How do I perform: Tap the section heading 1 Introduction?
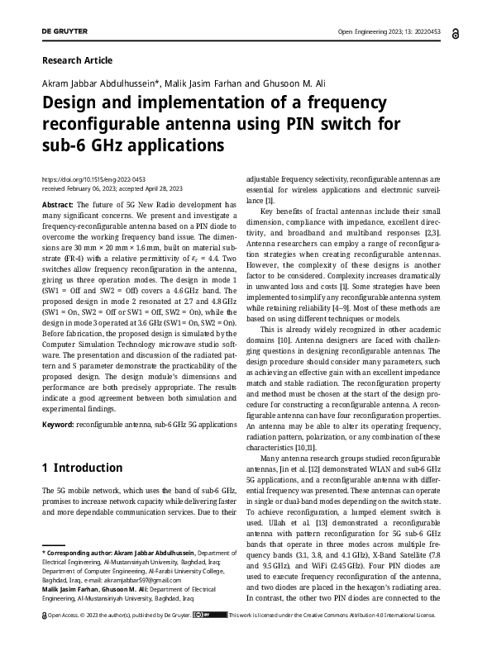pos(82,468)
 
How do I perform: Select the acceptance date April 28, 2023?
pos(166,188)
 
